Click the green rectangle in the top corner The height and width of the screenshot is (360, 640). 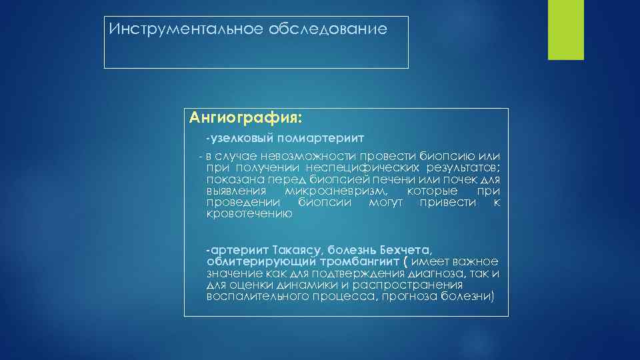565,29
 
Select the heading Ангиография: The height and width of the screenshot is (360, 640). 245,119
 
